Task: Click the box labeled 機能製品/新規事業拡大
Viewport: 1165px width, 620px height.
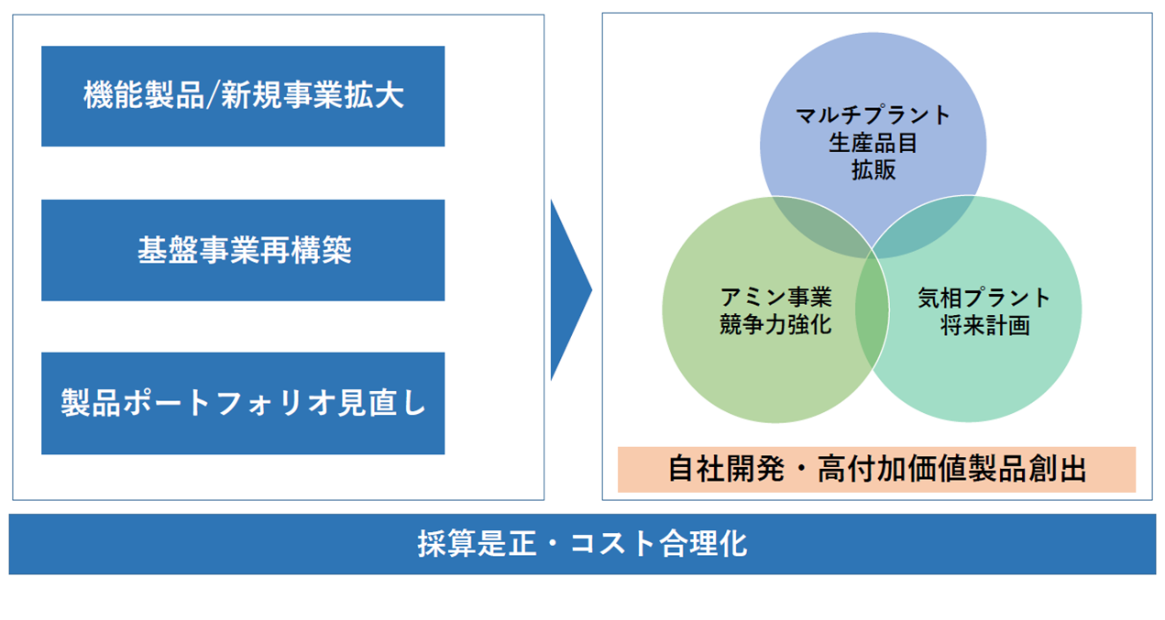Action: [243, 96]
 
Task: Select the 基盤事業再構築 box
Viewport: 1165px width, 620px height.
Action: [243, 250]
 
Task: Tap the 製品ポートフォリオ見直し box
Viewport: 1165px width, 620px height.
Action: [243, 403]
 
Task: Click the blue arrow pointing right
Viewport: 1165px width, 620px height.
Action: [571, 290]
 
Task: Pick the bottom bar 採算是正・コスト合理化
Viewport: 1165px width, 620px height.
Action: [583, 544]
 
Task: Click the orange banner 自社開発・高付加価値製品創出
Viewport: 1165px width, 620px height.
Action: [877, 469]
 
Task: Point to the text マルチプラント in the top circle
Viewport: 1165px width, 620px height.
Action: [874, 114]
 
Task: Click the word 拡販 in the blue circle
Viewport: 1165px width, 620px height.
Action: [874, 169]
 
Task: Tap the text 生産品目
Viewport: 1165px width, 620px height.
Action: [874, 142]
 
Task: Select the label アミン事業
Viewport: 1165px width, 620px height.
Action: [776, 298]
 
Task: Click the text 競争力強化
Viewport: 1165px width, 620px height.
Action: [776, 324]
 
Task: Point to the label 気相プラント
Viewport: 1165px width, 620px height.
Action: [984, 298]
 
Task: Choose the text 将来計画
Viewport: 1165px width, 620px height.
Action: [985, 325]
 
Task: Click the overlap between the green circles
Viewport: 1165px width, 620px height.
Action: [873, 310]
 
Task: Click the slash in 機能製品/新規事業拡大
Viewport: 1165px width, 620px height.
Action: [213, 97]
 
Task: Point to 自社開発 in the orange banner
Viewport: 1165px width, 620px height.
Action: [727, 469]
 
